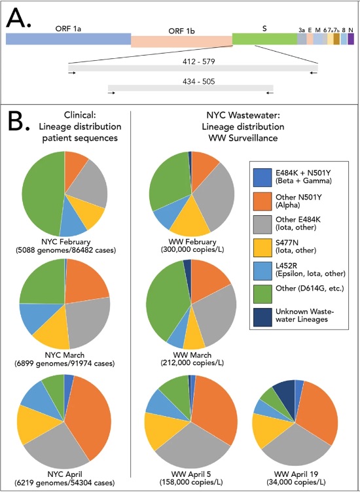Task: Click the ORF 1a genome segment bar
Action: [69, 39]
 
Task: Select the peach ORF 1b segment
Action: [182, 42]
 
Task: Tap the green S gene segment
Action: [264, 39]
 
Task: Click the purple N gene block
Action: [351, 39]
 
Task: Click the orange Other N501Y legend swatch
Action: [262, 202]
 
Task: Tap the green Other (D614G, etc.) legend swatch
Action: [262, 294]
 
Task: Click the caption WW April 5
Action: [191, 474]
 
